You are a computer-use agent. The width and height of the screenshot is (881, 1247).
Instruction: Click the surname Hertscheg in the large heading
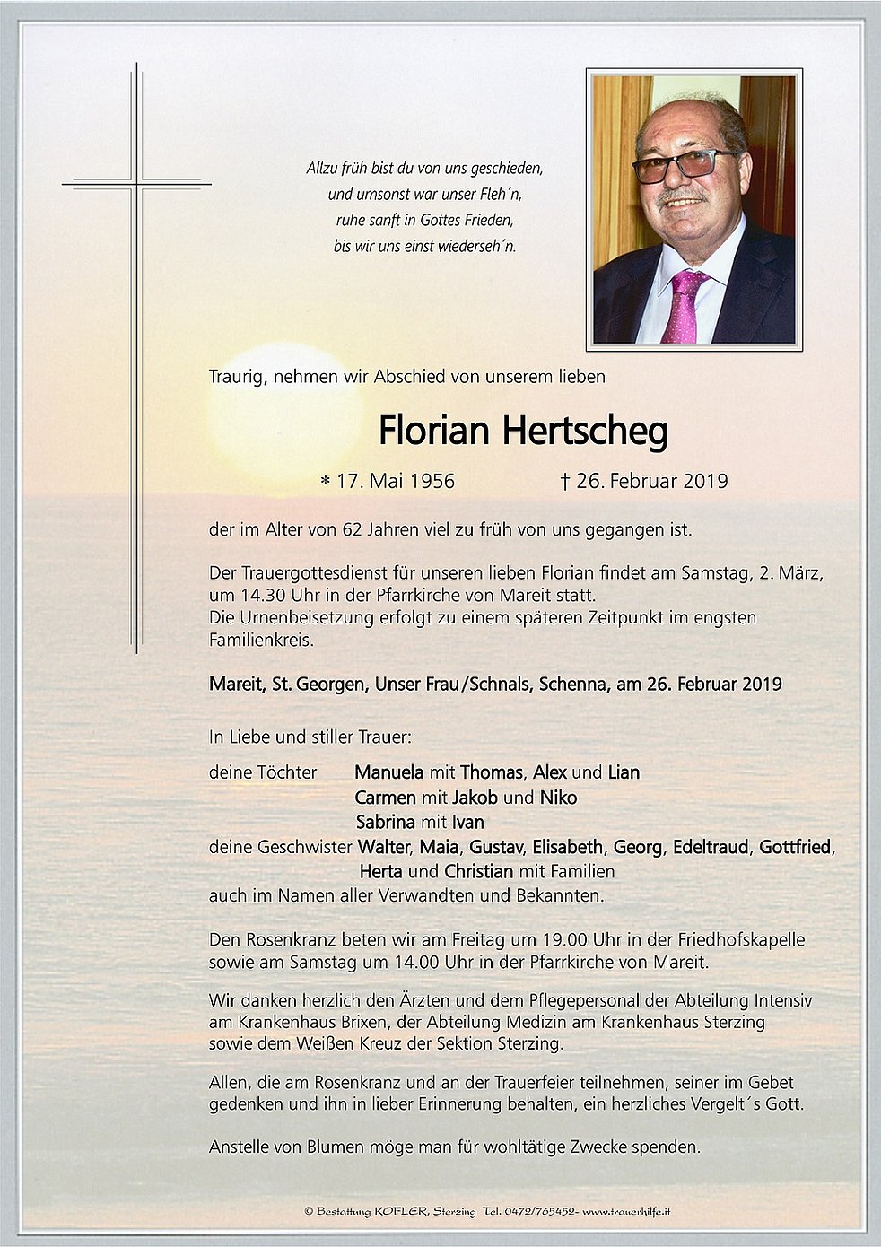pos(584,432)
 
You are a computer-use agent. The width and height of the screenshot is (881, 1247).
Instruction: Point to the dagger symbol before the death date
pos(564,482)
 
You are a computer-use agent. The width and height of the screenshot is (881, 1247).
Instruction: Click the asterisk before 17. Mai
pos(326,483)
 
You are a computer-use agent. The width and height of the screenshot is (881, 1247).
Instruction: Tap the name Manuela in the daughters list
pos(388,772)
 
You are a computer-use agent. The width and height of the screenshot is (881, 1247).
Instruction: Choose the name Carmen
pos(385,798)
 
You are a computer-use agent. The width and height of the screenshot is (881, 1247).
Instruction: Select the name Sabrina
pos(386,822)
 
